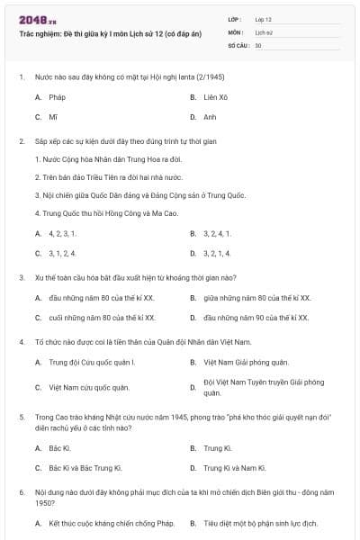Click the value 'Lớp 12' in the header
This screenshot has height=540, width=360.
click(x=264, y=19)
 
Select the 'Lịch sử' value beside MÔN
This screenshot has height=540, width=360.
click(x=263, y=31)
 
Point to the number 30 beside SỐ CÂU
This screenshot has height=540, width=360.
click(x=258, y=44)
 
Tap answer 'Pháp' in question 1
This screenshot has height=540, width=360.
click(x=57, y=96)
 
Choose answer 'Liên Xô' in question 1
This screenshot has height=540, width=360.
click(x=215, y=96)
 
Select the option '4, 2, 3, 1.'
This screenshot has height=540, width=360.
click(x=62, y=233)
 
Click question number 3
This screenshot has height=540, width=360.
click(x=21, y=277)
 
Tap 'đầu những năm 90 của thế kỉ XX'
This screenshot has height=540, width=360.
click(x=256, y=318)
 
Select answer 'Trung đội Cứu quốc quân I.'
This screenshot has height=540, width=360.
click(x=91, y=363)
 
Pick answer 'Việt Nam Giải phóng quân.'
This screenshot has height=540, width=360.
click(x=245, y=363)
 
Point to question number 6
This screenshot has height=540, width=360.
click(x=21, y=493)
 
